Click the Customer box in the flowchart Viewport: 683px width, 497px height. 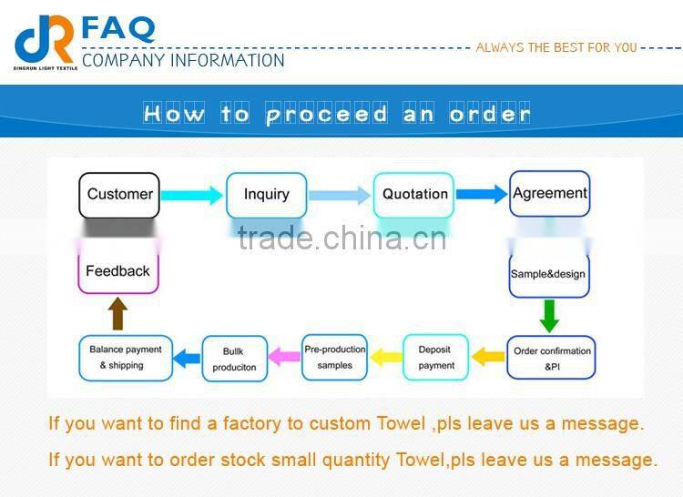click(x=119, y=194)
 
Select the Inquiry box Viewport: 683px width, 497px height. click(x=266, y=194)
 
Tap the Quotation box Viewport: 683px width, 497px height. click(x=414, y=194)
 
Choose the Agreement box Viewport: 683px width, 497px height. click(x=549, y=193)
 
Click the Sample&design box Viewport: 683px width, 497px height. click(x=548, y=274)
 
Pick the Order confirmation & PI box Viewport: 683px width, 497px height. click(x=552, y=358)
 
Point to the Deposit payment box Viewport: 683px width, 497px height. click(x=435, y=358)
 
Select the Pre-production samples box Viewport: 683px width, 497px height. click(x=334, y=357)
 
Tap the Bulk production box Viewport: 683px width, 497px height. click(x=234, y=359)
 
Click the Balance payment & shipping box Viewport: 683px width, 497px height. click(x=126, y=358)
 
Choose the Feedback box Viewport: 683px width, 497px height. click(x=117, y=271)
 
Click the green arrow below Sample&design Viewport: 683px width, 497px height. click(x=548, y=315)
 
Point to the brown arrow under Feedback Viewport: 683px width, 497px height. click(x=117, y=314)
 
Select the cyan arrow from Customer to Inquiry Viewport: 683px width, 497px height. click(x=191, y=194)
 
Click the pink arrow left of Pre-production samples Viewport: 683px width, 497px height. click(x=285, y=357)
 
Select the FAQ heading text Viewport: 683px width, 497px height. click(x=118, y=27)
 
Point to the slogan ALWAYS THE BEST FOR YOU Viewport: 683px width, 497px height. click(x=556, y=47)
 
